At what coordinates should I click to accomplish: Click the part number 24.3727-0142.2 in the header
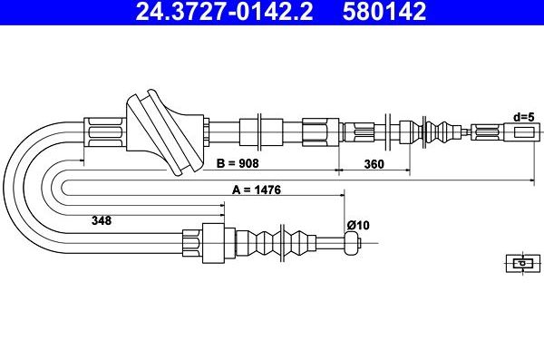click(x=224, y=11)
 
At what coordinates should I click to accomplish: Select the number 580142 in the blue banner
click(x=384, y=11)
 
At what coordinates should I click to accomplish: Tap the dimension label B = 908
click(x=238, y=163)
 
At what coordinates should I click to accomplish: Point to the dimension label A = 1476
click(x=257, y=190)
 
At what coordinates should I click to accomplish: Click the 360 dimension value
click(x=374, y=163)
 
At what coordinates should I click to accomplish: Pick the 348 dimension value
click(x=102, y=220)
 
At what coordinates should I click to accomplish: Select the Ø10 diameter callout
click(x=358, y=225)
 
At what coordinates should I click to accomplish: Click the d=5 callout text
click(x=524, y=117)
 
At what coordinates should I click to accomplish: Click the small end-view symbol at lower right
click(x=523, y=263)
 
